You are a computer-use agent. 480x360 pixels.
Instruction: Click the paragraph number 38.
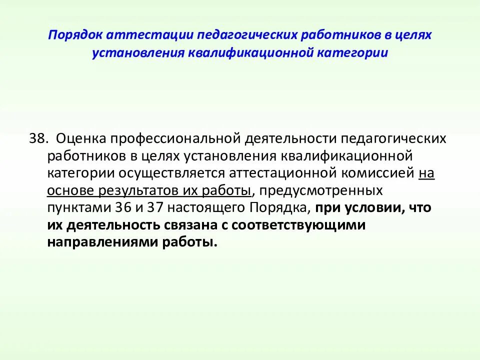[x=38, y=138]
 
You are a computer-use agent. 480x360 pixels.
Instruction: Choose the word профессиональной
[x=173, y=138]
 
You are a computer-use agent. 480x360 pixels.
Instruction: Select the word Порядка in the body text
[x=272, y=207]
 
